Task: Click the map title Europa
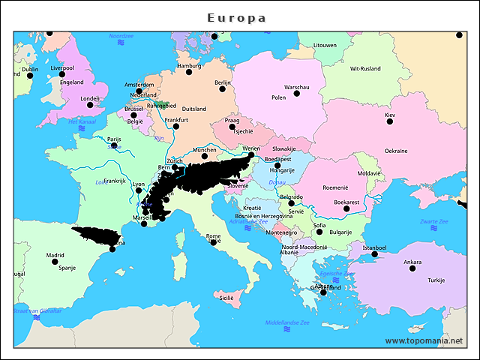[x=236, y=18]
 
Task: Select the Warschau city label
[x=296, y=88]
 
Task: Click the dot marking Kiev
[x=389, y=122]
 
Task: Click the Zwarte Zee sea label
[x=433, y=221]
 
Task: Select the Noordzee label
[x=121, y=36]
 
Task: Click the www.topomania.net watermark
[x=423, y=340]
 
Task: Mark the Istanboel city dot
[x=374, y=254]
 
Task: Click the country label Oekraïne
[x=396, y=151]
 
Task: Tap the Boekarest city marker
[x=346, y=208]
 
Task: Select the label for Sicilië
[x=226, y=298]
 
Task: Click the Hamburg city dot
[x=189, y=73]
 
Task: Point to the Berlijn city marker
[x=222, y=89]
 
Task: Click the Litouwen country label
[x=325, y=45]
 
